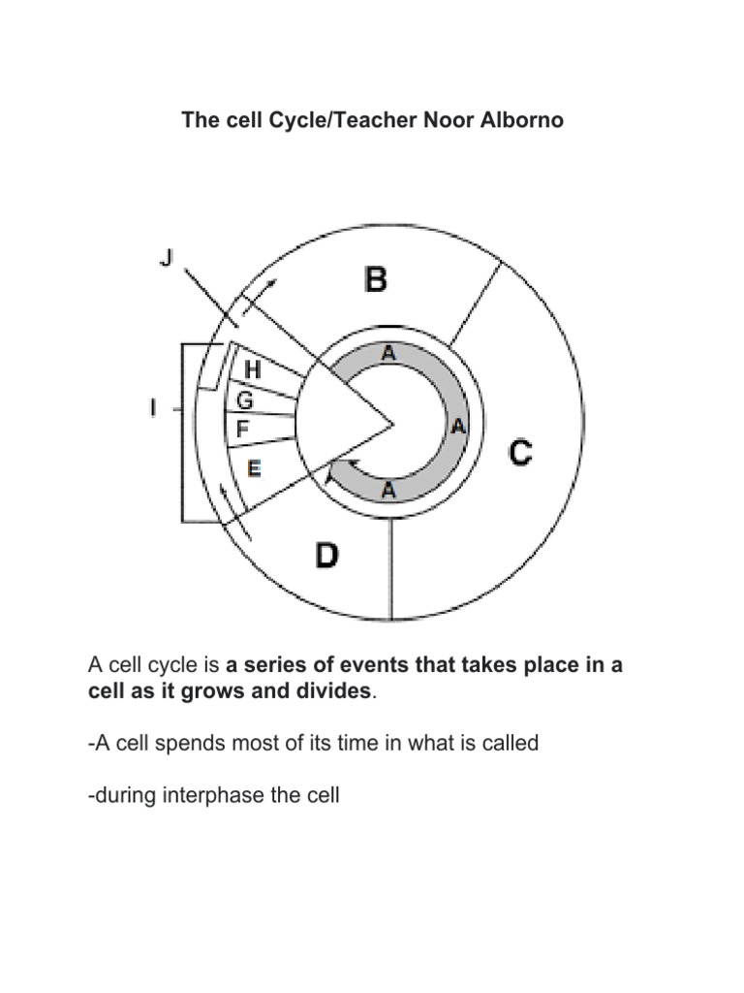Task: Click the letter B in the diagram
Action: [x=376, y=280]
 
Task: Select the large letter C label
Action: [x=520, y=453]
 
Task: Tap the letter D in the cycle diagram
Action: [x=328, y=557]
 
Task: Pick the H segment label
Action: [x=253, y=369]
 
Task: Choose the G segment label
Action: [x=245, y=400]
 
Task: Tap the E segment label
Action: [x=254, y=467]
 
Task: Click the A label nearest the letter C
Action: [x=458, y=426]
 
